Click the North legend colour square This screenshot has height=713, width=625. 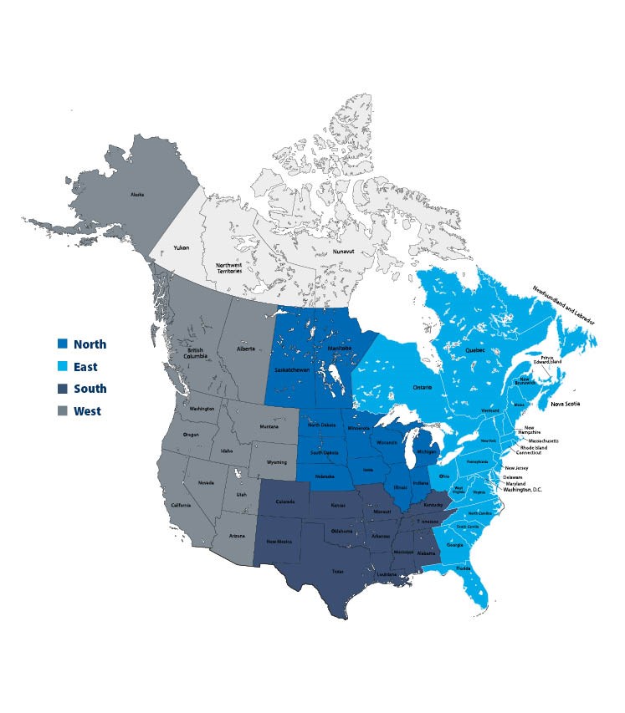click(62, 344)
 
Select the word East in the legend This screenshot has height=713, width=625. click(85, 367)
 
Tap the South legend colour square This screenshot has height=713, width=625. click(62, 389)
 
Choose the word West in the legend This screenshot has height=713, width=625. click(86, 411)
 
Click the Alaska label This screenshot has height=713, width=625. click(137, 195)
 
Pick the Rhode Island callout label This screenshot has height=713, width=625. click(534, 447)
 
